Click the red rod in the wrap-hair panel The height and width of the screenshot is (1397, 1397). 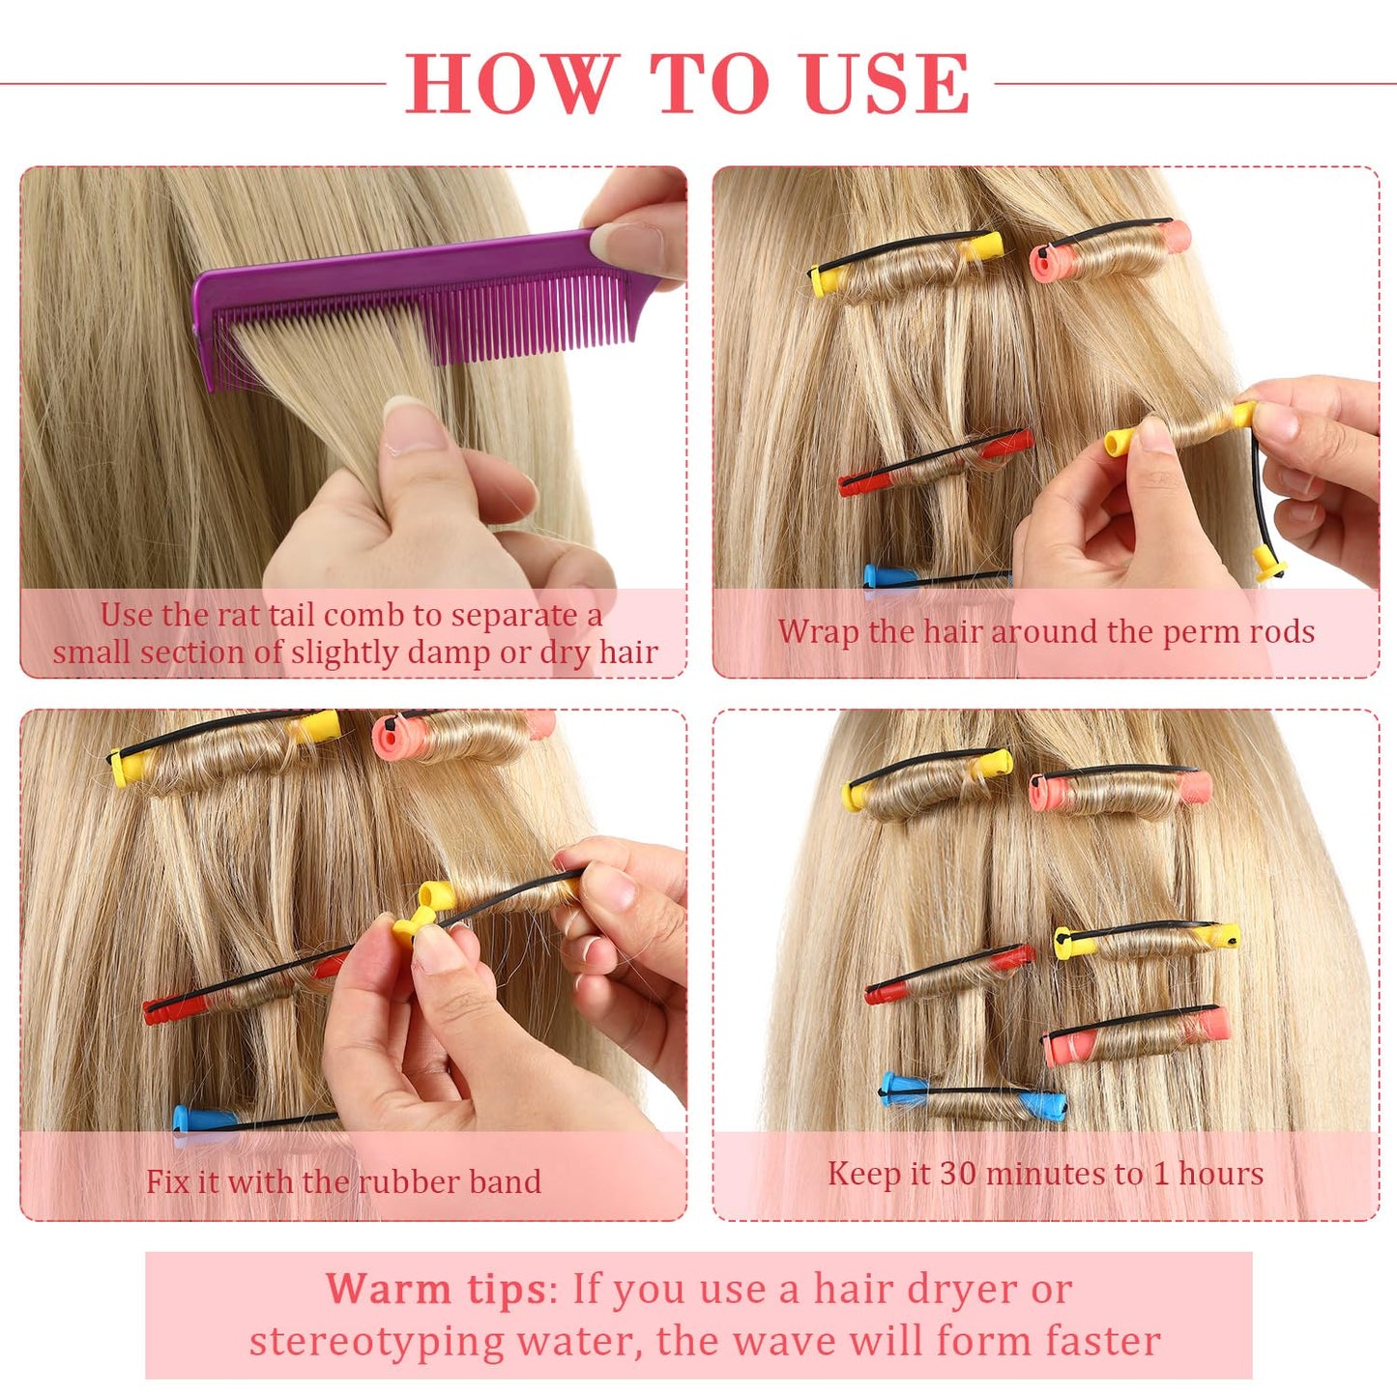pos(934,462)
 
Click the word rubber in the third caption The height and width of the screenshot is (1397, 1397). pos(411,1181)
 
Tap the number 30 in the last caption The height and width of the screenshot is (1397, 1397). pos(957,1174)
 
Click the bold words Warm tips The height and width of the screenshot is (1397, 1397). pos(435,1289)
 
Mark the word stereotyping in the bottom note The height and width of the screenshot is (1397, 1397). pos(377,1342)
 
